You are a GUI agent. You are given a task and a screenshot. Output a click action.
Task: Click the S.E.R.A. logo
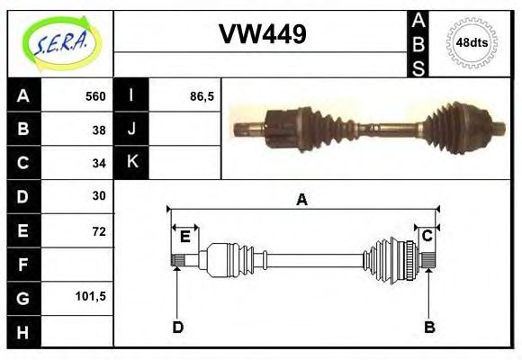pyautogui.click(x=59, y=42)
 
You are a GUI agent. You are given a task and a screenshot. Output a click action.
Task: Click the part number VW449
pyautogui.click(x=263, y=34)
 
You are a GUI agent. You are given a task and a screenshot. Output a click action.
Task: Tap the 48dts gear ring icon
pyautogui.click(x=472, y=42)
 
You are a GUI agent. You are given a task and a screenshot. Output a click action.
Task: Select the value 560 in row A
pyautogui.click(x=95, y=96)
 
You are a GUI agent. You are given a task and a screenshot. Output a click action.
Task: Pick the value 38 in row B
pyautogui.click(x=100, y=129)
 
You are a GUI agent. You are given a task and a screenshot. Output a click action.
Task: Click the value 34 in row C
pyautogui.click(x=100, y=163)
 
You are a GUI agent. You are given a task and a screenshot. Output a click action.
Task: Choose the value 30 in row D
pyautogui.click(x=100, y=195)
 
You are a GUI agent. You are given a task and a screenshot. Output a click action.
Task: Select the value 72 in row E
pyautogui.click(x=100, y=229)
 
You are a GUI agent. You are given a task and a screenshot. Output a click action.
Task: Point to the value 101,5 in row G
pyautogui.click(x=94, y=295)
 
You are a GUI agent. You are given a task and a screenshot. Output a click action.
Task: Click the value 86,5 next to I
pyautogui.click(x=202, y=96)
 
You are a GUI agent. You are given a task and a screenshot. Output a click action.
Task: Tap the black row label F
pyautogui.click(x=23, y=264)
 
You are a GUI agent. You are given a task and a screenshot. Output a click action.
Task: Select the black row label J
pyautogui.click(x=131, y=129)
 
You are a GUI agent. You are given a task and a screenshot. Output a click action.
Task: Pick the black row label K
pyautogui.click(x=131, y=162)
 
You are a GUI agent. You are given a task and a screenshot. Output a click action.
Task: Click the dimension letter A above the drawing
pyautogui.click(x=302, y=200)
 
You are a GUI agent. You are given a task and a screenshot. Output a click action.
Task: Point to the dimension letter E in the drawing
pyautogui.click(x=184, y=237)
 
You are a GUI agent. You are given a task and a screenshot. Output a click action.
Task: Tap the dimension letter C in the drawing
pyautogui.click(x=427, y=236)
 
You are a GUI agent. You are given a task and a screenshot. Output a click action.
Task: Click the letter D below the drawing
pyautogui.click(x=177, y=327)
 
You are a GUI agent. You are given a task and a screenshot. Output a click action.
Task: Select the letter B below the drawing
pyautogui.click(x=429, y=327)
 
